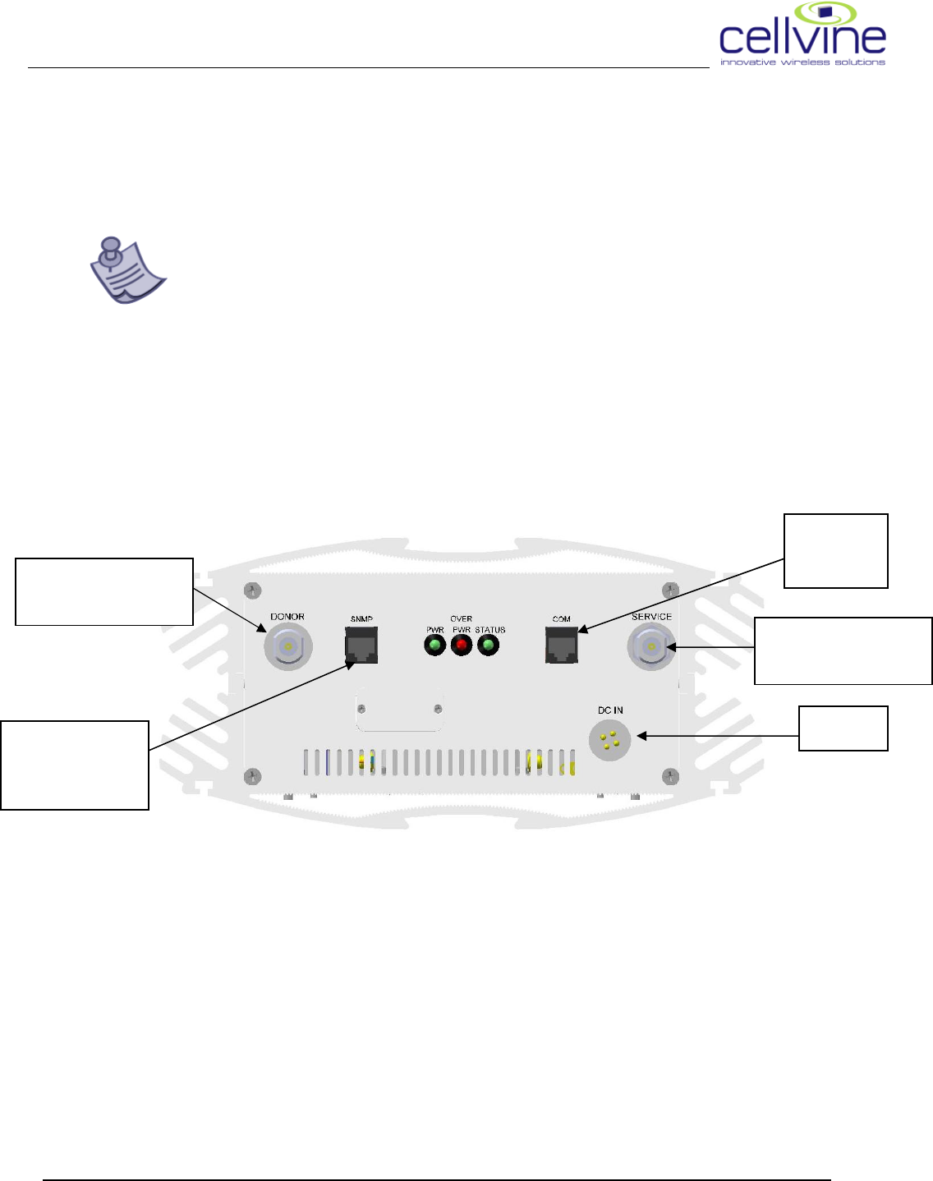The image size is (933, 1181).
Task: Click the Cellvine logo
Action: [802, 35]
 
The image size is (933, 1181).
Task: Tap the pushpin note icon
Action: [126, 270]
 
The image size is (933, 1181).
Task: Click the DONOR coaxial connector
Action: [287, 647]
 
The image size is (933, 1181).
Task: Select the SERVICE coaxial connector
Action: [651, 647]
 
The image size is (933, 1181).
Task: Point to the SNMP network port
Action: [361, 646]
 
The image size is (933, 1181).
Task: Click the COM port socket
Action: [562, 646]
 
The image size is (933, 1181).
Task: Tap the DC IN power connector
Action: [609, 740]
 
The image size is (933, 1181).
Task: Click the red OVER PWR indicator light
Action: [462, 646]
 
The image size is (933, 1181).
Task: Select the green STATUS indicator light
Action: [489, 646]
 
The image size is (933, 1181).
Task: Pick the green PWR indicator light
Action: [434, 646]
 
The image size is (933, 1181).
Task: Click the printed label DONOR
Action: [287, 617]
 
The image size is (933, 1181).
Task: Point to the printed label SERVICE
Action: [651, 617]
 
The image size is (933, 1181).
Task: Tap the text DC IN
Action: [610, 710]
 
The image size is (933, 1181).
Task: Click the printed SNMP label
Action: [361, 619]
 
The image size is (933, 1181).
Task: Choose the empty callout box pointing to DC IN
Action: [843, 728]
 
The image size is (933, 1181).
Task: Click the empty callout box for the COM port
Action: [836, 551]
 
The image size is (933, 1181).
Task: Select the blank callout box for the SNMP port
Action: [75, 765]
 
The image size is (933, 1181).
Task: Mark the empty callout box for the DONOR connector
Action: [104, 591]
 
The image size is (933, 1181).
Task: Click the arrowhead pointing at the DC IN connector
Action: [642, 736]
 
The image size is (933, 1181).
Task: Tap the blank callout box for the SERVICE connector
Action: [843, 650]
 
